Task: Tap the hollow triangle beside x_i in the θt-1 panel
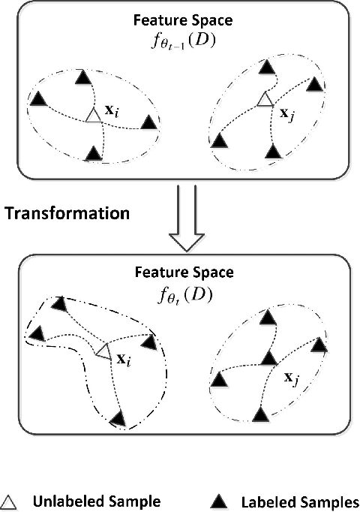[x=92, y=116]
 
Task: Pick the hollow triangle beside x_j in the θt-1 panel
[x=262, y=99]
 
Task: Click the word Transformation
[x=67, y=212]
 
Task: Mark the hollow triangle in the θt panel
[x=103, y=351]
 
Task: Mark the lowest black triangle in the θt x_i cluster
[x=118, y=417]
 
